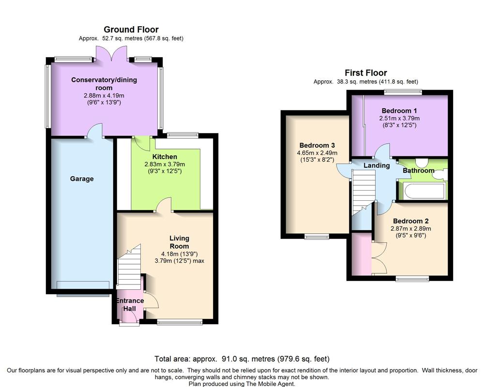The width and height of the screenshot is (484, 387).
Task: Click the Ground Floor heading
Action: [131, 30]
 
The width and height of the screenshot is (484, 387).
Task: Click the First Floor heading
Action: [366, 73]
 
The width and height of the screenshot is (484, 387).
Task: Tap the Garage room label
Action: [82, 179]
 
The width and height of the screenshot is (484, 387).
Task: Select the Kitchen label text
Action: [165, 157]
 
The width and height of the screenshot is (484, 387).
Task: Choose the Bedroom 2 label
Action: [411, 221]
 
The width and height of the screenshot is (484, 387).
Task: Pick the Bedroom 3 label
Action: [317, 145]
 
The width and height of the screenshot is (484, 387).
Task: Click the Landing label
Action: [377, 166]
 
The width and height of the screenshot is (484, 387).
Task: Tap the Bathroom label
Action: [419, 170]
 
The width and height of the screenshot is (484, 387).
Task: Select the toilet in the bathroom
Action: [422, 163]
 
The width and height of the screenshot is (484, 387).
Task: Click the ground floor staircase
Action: [129, 267]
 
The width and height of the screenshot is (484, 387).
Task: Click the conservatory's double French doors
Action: [112, 55]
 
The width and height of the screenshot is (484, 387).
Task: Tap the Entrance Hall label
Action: [130, 305]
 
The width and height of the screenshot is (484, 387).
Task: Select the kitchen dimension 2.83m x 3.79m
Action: [165, 164]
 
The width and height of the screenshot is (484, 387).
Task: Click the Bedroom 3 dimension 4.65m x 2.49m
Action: [317, 153]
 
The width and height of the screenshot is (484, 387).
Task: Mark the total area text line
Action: [242, 359]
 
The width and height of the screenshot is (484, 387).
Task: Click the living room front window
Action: [180, 322]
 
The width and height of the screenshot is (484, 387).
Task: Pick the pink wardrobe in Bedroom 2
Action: [362, 253]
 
